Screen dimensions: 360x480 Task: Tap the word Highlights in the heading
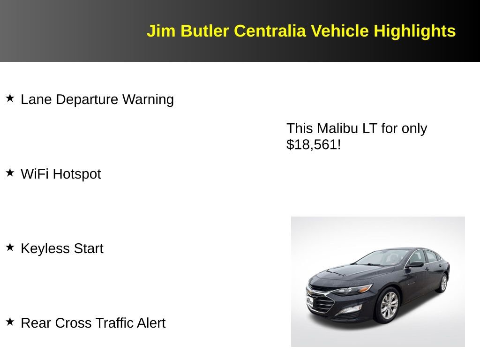414,31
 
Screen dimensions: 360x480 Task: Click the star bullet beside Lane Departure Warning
10,98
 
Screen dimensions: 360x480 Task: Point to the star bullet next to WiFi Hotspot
10,173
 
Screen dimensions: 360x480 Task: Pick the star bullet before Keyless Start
10,247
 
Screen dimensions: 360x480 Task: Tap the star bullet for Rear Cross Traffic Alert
10,322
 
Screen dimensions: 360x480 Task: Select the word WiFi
35,174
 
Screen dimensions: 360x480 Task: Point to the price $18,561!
314,144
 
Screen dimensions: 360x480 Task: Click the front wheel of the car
388,305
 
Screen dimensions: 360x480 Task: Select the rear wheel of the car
443,283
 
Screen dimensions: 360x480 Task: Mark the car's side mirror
415,265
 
